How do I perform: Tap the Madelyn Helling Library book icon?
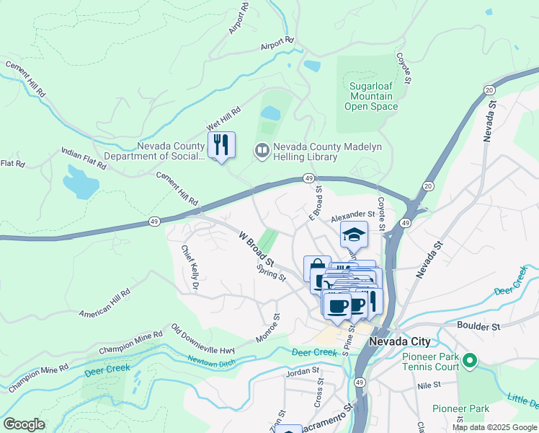pos(262,150)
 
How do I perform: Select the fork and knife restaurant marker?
pos(221,145)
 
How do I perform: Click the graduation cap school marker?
pos(354,235)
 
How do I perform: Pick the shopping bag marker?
pos(316,269)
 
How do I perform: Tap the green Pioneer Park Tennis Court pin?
pos(470,359)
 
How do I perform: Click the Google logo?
pos(24,424)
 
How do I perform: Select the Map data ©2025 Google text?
pos(494,427)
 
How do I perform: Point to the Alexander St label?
pos(353,214)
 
